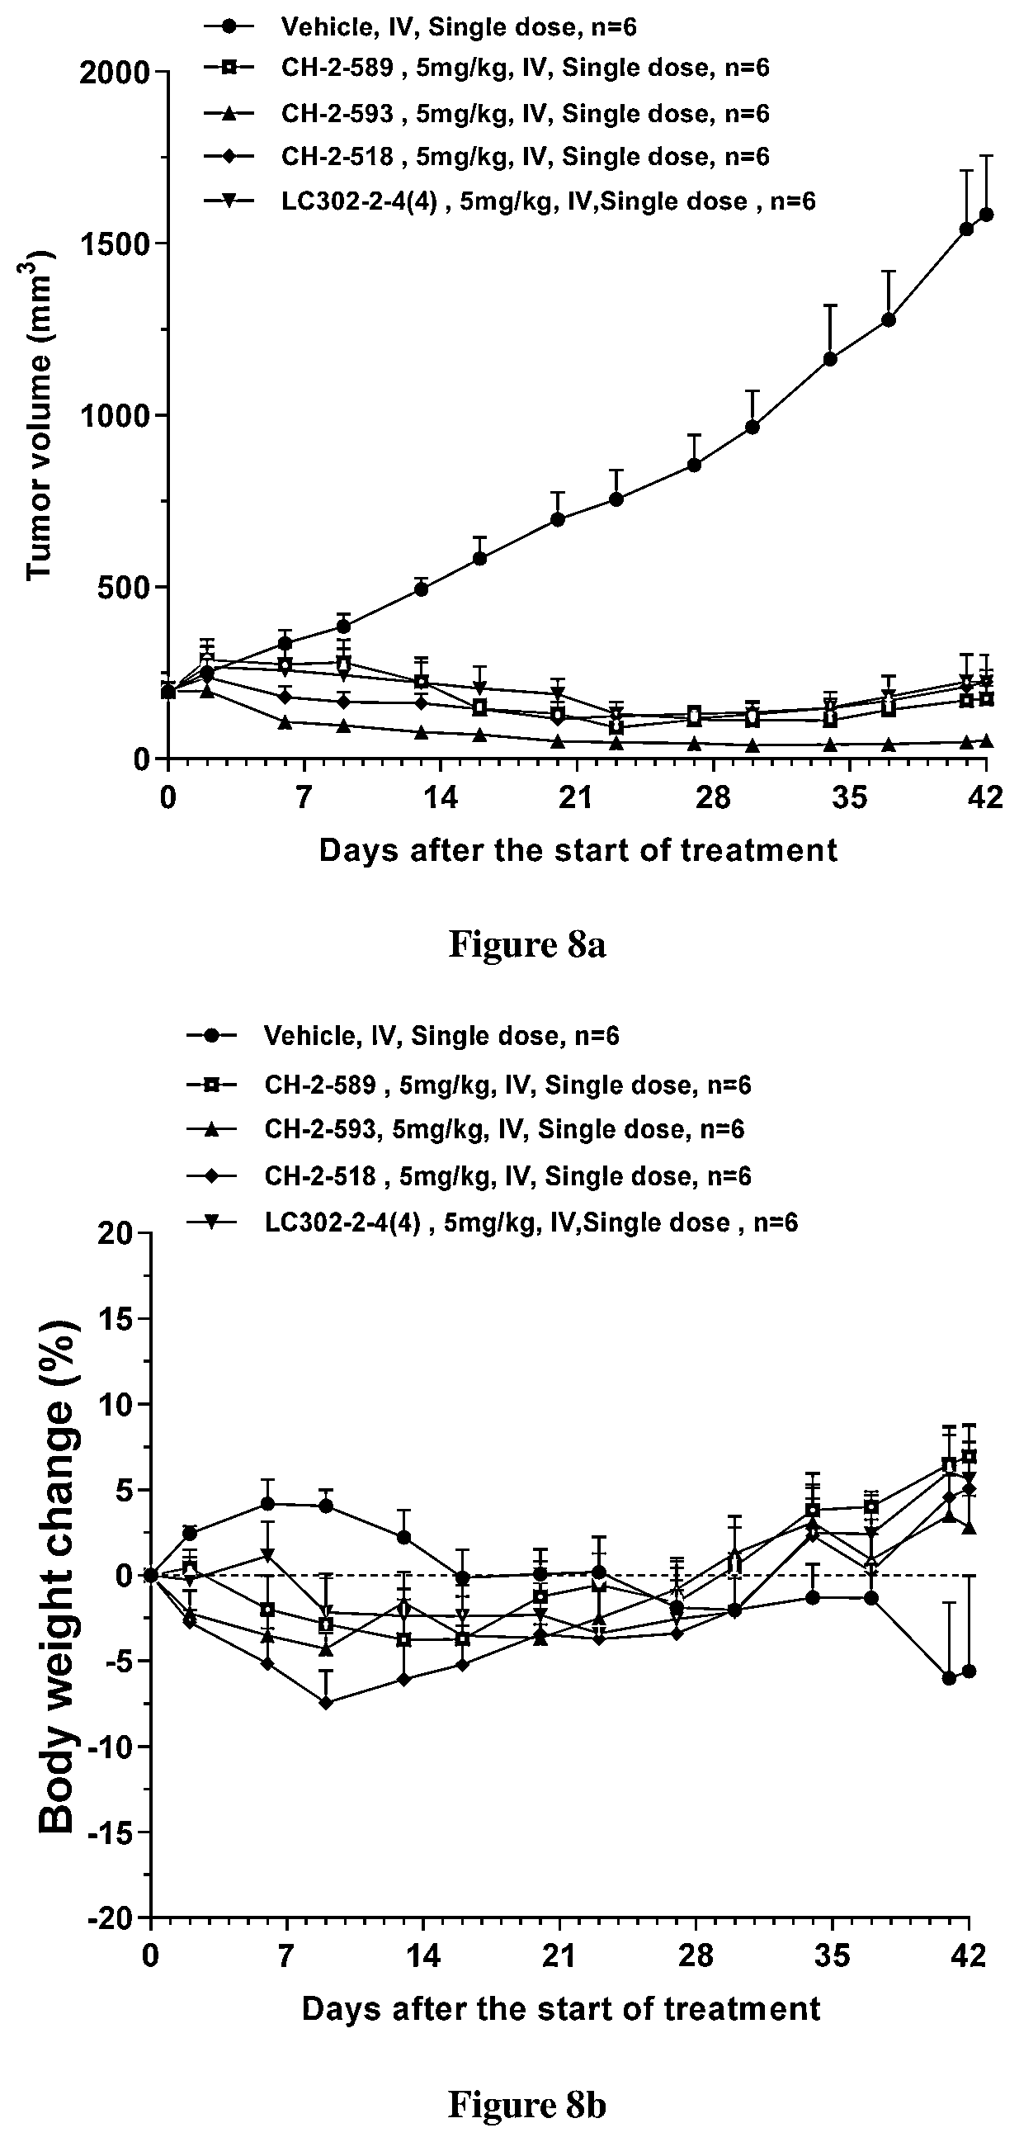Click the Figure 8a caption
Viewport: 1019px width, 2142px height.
pyautogui.click(x=527, y=944)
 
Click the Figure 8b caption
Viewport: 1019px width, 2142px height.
pyautogui.click(x=527, y=2104)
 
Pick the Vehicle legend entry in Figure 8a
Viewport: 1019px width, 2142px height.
pyautogui.click(x=421, y=26)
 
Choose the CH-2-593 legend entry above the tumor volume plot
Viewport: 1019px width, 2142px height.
pyautogui.click(x=487, y=113)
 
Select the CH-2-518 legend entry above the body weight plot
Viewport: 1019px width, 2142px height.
pyautogui.click(x=469, y=1175)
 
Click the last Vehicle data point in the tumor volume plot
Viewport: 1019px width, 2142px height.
pyautogui.click(x=987, y=215)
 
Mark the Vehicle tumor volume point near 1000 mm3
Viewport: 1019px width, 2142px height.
pyautogui.click(x=752, y=427)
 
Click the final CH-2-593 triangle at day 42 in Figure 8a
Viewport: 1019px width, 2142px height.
pyautogui.click(x=987, y=740)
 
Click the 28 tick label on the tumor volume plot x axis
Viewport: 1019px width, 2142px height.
pyautogui.click(x=711, y=798)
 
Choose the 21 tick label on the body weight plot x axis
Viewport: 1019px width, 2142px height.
pyautogui.click(x=559, y=1956)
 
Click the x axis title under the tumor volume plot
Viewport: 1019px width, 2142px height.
pyautogui.click(x=578, y=851)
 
